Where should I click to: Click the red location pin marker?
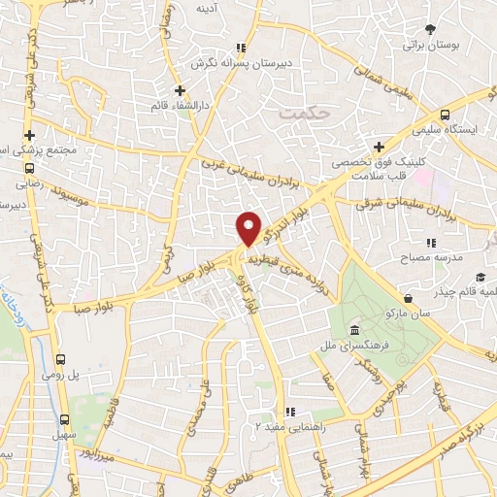pyautogui.click(x=249, y=227)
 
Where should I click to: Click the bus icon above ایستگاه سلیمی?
pyautogui.click(x=444, y=112)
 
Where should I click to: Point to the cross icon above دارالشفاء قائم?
pyautogui.click(x=180, y=90)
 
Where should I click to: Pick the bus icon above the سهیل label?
pyautogui.click(x=65, y=419)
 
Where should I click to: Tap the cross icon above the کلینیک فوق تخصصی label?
pyautogui.click(x=378, y=147)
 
